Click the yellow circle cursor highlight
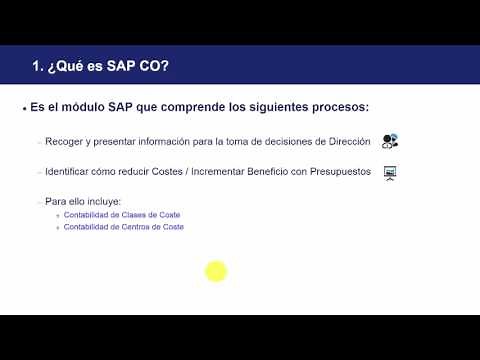tap(216, 271)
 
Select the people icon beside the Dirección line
tap(390, 141)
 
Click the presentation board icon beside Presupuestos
tap(390, 172)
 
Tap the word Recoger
tap(63, 142)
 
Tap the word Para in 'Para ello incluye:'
tap(55, 201)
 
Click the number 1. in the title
tap(39, 68)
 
